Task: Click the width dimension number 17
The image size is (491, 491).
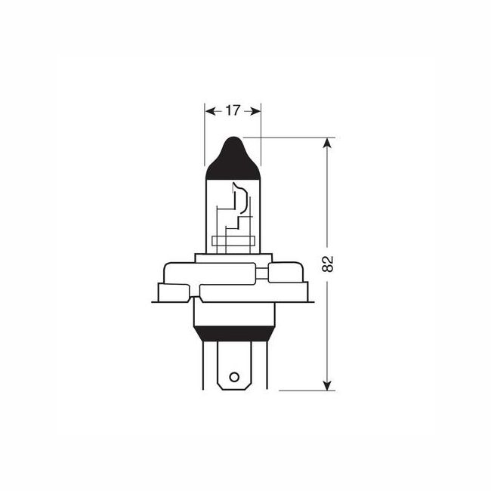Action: pos(232,110)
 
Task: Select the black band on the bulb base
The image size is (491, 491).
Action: pos(233,333)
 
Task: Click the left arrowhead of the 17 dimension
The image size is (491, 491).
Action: pos(209,110)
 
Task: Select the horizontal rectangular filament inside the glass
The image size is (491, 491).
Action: pos(232,242)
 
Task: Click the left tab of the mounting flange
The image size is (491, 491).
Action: pos(173,291)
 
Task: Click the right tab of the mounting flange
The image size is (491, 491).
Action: pos(292,291)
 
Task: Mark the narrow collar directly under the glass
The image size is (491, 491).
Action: pos(232,256)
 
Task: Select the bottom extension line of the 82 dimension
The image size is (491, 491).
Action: pos(302,391)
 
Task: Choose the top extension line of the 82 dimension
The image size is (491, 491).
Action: pos(295,137)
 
